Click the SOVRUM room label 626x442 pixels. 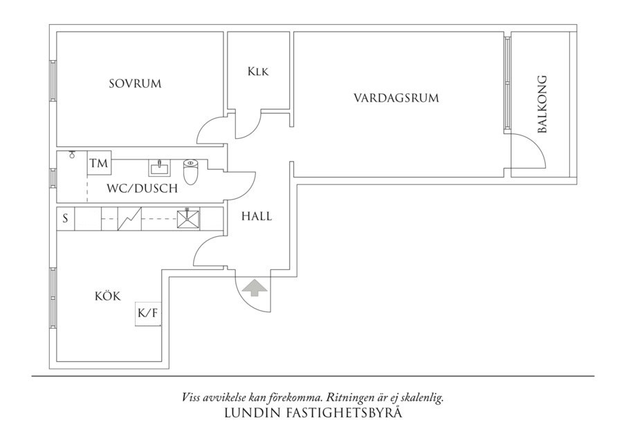click(x=135, y=84)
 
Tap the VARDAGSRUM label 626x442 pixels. click(x=396, y=98)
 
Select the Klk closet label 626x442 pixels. click(x=257, y=71)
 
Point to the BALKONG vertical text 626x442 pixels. click(x=543, y=104)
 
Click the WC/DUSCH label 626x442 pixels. click(x=142, y=188)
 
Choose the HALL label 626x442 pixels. click(x=257, y=216)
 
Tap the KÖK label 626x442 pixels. click(x=108, y=296)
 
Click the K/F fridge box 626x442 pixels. click(x=148, y=314)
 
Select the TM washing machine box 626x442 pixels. click(x=99, y=164)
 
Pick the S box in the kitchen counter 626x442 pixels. click(x=65, y=219)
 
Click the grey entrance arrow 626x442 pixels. click(x=254, y=287)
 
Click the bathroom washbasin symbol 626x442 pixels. click(x=159, y=167)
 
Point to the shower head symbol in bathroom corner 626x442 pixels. click(x=71, y=155)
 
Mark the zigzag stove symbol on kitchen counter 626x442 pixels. click(x=129, y=219)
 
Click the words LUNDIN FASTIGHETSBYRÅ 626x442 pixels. click(x=313, y=414)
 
